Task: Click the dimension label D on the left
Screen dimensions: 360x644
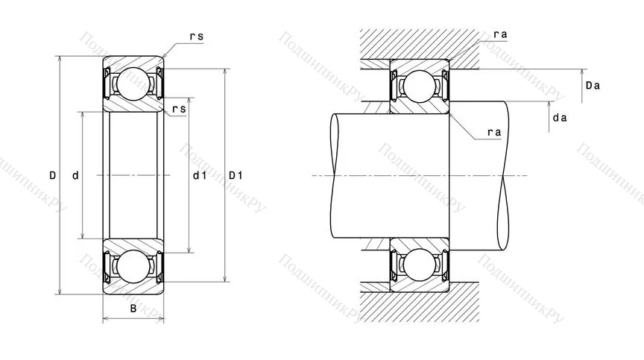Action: pyautogui.click(x=52, y=176)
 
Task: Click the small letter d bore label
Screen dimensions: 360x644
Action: pyautogui.click(x=75, y=176)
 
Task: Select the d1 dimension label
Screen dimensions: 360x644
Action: pyautogui.click(x=199, y=176)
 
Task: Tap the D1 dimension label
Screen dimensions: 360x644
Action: pyautogui.click(x=236, y=176)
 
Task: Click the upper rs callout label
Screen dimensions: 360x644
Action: pyautogui.click(x=196, y=35)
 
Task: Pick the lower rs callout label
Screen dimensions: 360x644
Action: pyautogui.click(x=179, y=110)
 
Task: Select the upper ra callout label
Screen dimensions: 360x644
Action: pyautogui.click(x=500, y=35)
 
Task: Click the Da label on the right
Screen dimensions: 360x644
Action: pyautogui.click(x=593, y=86)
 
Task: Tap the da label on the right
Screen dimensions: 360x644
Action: pyautogui.click(x=560, y=118)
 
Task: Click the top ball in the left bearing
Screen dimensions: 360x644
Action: pyautogui.click(x=133, y=83)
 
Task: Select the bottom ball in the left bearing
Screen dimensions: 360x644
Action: pyautogui.click(x=133, y=268)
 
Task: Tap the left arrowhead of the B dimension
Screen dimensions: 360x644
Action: pyautogui.click(x=105, y=320)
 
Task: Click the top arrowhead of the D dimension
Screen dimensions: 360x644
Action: pyautogui.click(x=59, y=59)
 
